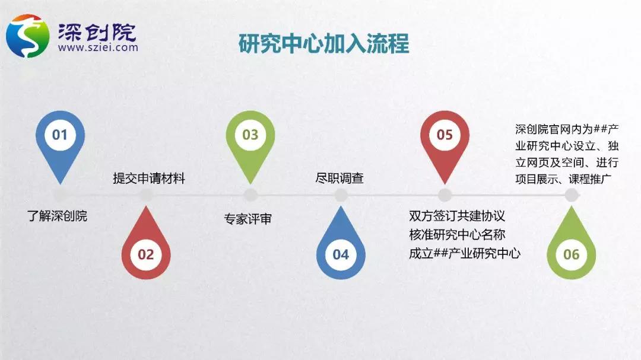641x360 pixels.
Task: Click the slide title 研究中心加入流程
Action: (324, 43)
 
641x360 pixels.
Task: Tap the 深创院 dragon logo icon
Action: (28, 36)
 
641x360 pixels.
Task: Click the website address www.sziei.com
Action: (98, 47)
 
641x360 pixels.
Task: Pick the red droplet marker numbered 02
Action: (146, 244)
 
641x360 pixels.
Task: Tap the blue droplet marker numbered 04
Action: (341, 244)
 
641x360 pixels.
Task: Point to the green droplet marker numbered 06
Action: (572, 244)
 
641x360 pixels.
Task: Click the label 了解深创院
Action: (57, 216)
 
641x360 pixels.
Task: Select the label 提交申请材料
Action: (149, 179)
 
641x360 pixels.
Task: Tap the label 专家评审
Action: (247, 219)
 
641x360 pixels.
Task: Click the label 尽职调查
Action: (339, 178)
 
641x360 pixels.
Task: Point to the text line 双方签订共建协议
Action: (457, 216)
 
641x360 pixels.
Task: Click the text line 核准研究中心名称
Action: (457, 234)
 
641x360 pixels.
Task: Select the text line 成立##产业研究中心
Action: (464, 253)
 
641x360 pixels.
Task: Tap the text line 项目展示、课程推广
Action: (563, 179)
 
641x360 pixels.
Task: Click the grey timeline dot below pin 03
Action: (250, 195)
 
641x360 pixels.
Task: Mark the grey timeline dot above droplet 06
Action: (572, 195)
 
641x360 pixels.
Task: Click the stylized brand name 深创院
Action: (97, 32)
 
